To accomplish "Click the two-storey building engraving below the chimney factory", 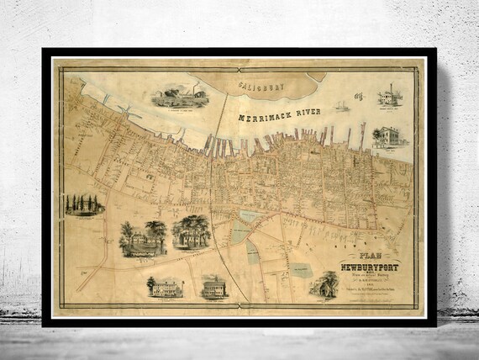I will tap(387, 136).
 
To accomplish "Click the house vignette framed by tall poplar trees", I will tap(83, 204).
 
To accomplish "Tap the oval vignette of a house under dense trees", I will tap(192, 231).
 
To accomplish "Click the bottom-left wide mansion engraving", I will tap(166, 288).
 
